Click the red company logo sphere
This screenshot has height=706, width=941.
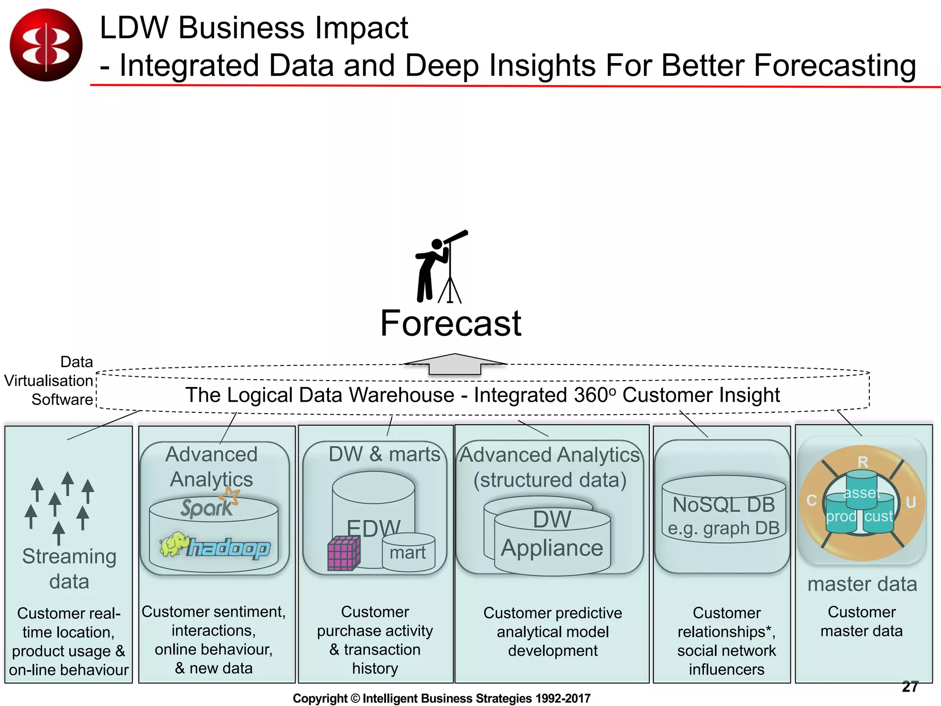point(46,45)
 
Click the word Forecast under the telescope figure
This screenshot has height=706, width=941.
point(451,323)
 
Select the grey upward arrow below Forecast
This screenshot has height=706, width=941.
point(455,364)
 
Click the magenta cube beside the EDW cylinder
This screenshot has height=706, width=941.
point(343,553)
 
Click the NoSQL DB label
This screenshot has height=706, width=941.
point(724,505)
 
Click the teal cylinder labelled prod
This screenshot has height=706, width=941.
point(841,517)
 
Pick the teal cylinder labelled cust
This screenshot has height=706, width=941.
point(879,517)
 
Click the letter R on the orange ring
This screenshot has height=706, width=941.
point(862,462)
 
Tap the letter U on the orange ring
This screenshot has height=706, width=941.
point(911,502)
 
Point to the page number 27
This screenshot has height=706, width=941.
point(910,687)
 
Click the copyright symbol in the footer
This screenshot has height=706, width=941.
point(355,698)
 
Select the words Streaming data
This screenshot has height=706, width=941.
point(69,569)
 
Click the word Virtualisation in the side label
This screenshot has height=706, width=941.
point(48,381)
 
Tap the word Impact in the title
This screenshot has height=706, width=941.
point(355,28)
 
